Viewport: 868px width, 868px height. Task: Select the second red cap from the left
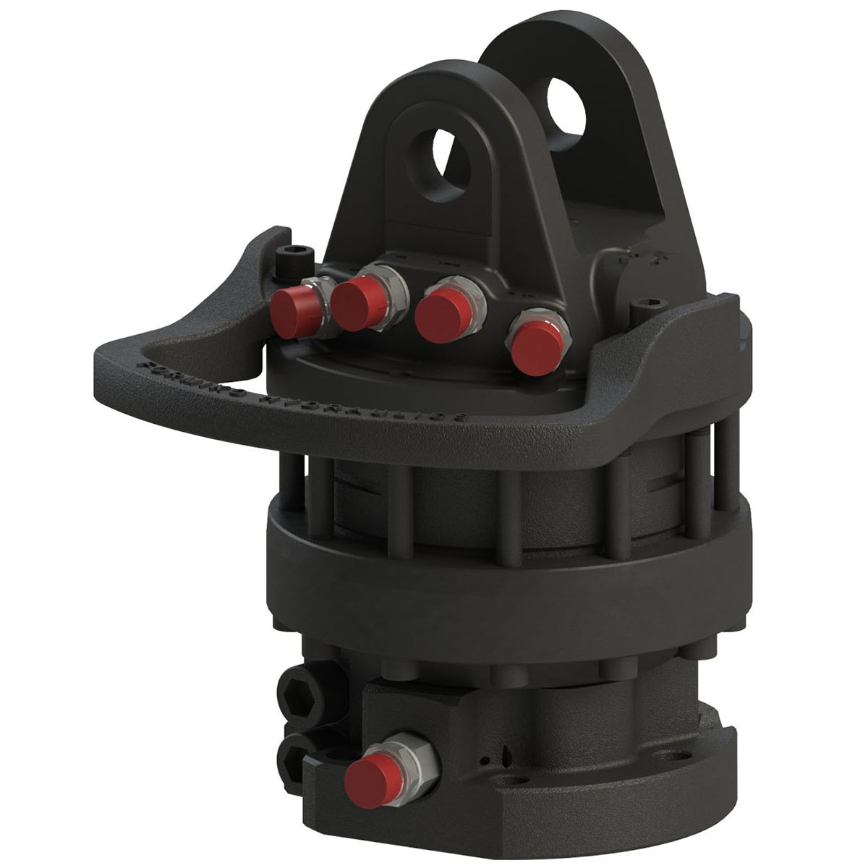[x=354, y=303]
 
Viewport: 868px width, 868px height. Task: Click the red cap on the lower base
[x=369, y=776]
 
